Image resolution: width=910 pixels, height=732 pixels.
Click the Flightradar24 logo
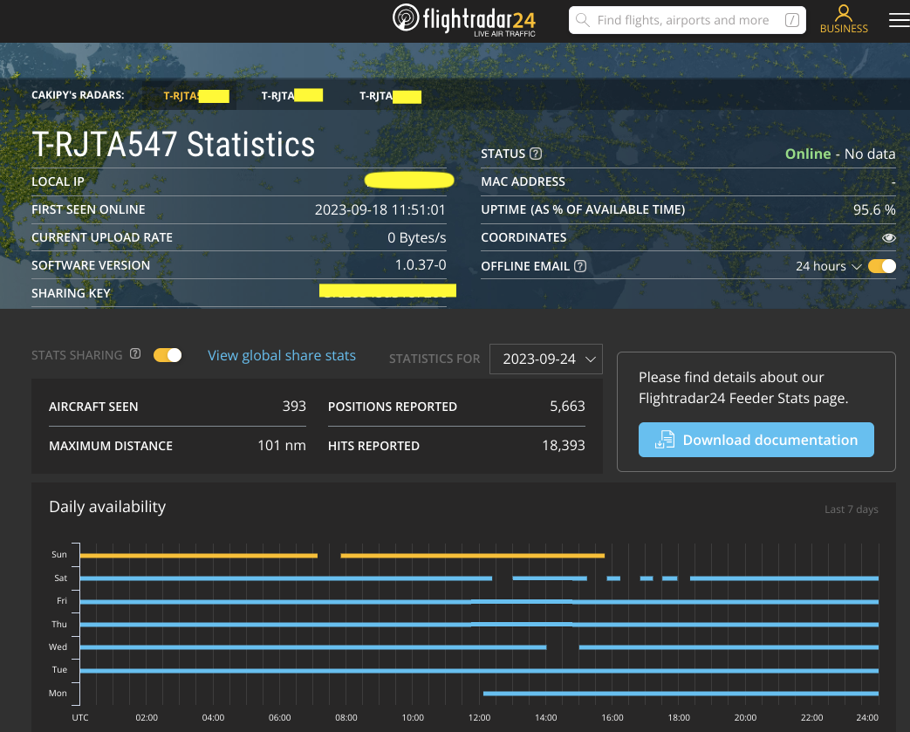pos(463,19)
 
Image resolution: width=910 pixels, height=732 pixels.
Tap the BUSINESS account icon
pos(844,19)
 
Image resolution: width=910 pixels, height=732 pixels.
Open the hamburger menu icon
pos(899,20)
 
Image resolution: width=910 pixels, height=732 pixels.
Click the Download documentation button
pos(756,440)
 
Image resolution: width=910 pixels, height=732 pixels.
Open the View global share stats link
pos(282,355)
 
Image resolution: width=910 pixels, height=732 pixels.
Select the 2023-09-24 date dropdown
pos(546,359)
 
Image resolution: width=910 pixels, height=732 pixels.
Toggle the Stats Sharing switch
pos(168,355)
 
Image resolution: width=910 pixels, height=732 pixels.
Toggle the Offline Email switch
pos(882,266)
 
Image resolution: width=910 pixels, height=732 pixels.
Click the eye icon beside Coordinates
pos(888,237)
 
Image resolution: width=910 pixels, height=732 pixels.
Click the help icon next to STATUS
pos(536,154)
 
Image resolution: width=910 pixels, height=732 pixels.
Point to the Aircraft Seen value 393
pos(294,406)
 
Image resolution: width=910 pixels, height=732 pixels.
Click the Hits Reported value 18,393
pos(564,445)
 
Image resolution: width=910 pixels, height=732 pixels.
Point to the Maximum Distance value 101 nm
pos(282,445)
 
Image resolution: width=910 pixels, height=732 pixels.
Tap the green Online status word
pos(808,154)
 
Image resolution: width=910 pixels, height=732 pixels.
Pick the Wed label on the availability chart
pos(58,647)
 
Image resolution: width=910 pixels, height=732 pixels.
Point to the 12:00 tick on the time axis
pos(479,717)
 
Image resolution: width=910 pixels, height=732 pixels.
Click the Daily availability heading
pos(107,507)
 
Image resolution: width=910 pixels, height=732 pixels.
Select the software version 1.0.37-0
pos(421,265)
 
